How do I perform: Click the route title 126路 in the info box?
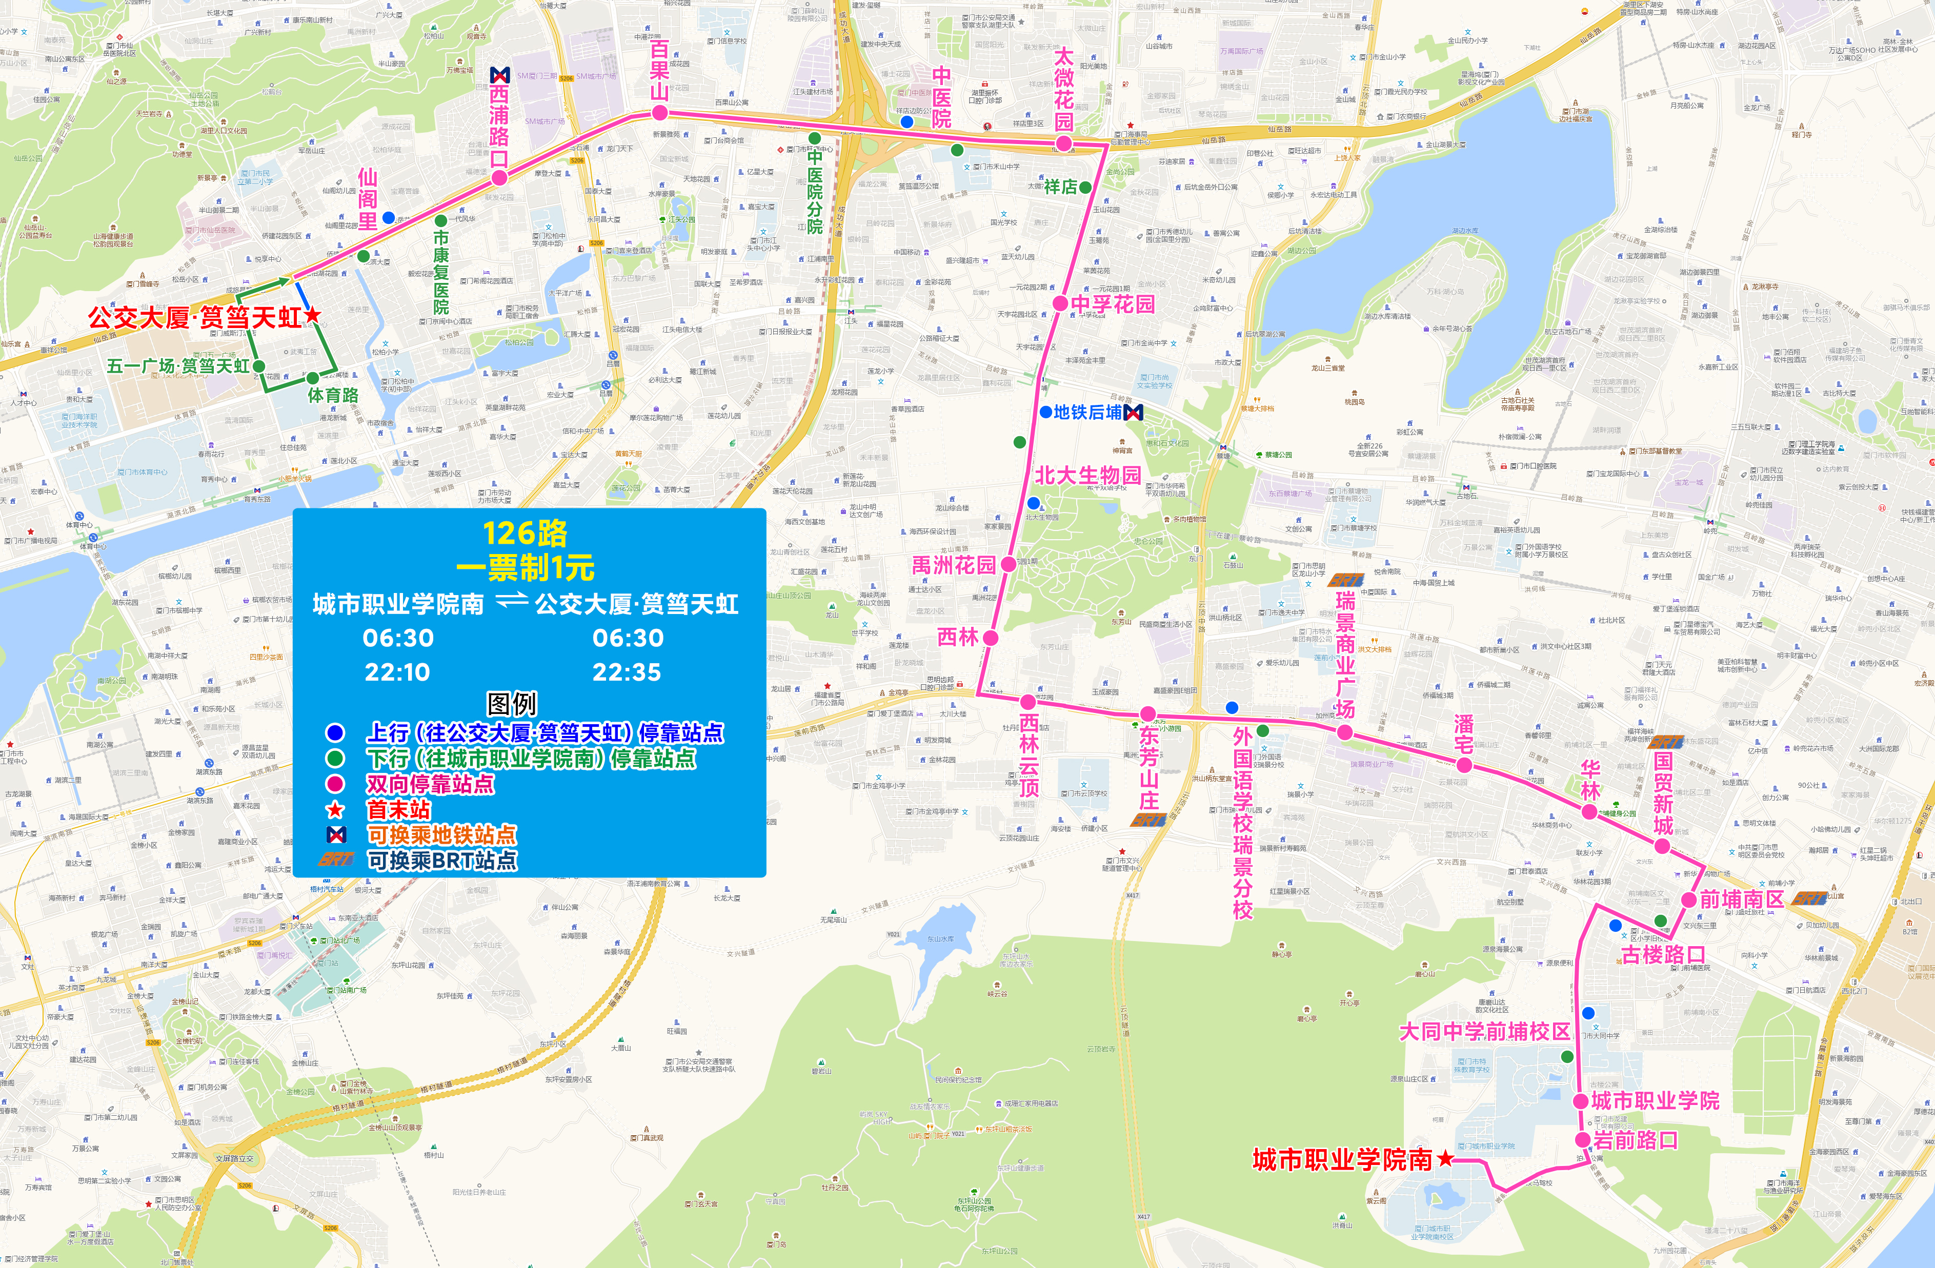tap(525, 533)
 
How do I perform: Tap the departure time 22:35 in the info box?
tap(627, 672)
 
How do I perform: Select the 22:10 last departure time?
tap(397, 672)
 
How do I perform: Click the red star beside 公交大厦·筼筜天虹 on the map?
tap(312, 315)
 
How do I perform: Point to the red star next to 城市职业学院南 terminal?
tap(1445, 1158)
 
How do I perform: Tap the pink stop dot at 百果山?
tap(659, 113)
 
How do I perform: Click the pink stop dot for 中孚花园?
tap(1060, 303)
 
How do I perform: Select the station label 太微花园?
tap(1063, 89)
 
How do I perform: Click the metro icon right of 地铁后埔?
tap(1133, 413)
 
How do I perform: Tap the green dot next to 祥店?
tap(1085, 187)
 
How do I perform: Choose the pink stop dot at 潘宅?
tap(1464, 765)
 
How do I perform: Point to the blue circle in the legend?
tap(335, 732)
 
